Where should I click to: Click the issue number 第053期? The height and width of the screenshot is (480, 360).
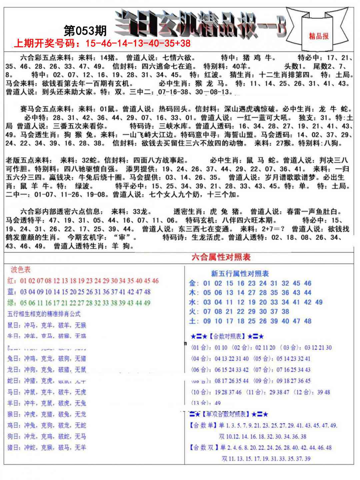pyautogui.click(x=85, y=31)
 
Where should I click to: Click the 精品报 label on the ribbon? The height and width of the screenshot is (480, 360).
pyautogui.click(x=318, y=36)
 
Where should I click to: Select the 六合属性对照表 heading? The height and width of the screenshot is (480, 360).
pyautogui.click(x=221, y=257)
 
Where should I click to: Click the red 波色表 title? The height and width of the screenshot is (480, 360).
pyautogui.click(x=20, y=269)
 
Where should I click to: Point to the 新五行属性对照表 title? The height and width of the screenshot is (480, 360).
pyautogui.click(x=240, y=274)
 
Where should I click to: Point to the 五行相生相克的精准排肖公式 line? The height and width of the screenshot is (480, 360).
pyautogui.click(x=44, y=314)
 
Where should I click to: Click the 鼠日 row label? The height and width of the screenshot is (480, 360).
pyautogui.click(x=13, y=325)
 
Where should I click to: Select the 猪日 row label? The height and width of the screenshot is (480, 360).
pyautogui.click(x=13, y=447)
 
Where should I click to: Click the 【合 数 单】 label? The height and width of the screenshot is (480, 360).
pyautogui.click(x=203, y=426)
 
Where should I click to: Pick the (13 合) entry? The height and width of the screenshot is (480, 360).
pyautogui.click(x=201, y=403)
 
